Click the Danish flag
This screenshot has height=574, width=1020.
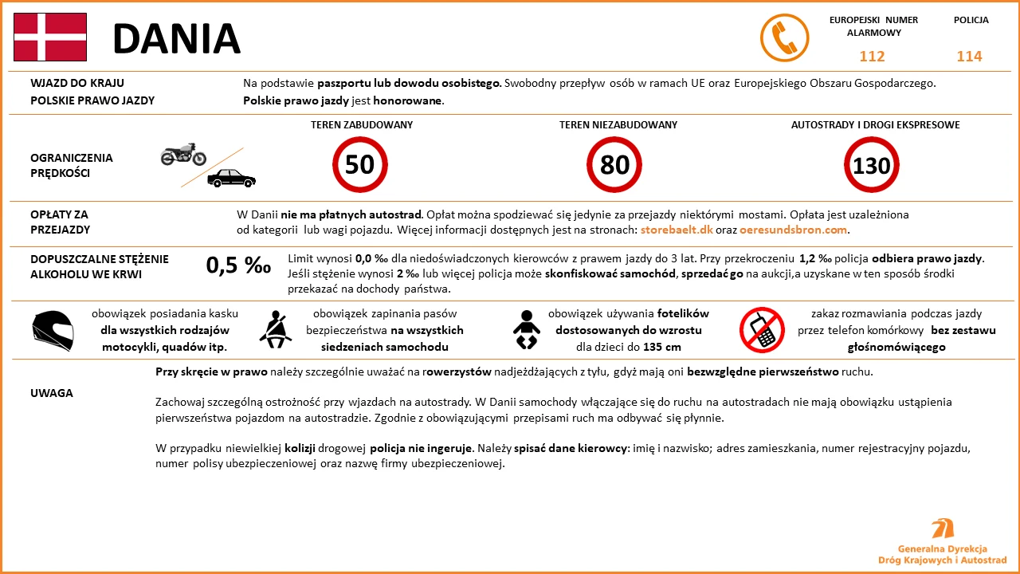pyautogui.click(x=50, y=37)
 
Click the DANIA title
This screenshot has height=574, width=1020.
pyautogui.click(x=176, y=38)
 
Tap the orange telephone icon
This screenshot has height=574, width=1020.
pyautogui.click(x=784, y=37)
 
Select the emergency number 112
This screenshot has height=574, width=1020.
pyautogui.click(x=872, y=57)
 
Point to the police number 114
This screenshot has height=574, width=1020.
pyautogui.click(x=969, y=57)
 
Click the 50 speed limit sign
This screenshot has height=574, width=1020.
pyautogui.click(x=359, y=164)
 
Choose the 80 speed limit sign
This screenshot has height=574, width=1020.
pyautogui.click(x=614, y=164)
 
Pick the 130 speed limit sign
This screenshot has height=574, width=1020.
pyautogui.click(x=871, y=165)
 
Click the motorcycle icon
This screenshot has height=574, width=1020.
pyautogui.click(x=183, y=154)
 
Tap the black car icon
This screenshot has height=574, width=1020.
pyautogui.click(x=231, y=178)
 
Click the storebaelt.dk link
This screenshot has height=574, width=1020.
pyautogui.click(x=676, y=230)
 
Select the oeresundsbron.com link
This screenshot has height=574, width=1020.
pyautogui.click(x=792, y=230)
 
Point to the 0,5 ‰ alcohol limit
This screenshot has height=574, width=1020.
pyautogui.click(x=238, y=265)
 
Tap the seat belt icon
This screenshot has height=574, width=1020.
pyautogui.click(x=276, y=328)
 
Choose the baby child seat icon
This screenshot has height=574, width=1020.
pyautogui.click(x=527, y=328)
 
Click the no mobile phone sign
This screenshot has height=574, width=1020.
pyautogui.click(x=762, y=328)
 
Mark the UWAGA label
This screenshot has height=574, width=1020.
pyautogui.click(x=52, y=393)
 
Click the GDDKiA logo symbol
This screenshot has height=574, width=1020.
pyautogui.click(x=943, y=529)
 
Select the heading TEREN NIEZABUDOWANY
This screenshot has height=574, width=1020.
pyautogui.click(x=618, y=125)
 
